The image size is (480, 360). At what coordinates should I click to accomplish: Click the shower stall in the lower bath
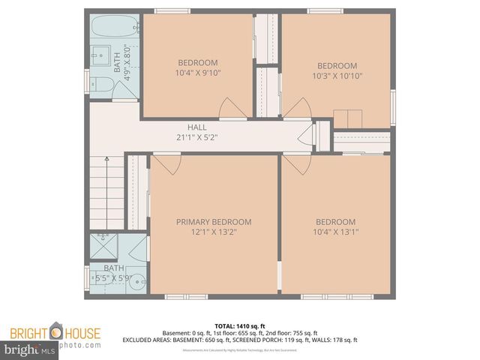[101, 245]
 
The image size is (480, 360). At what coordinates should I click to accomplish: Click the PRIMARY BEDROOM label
[214, 222]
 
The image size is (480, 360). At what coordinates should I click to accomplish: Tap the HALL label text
[197, 127]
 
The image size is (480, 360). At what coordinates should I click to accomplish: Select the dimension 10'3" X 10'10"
[337, 76]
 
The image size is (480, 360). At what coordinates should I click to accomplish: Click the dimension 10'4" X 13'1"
[335, 232]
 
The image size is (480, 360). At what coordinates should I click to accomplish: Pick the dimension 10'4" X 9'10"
[198, 73]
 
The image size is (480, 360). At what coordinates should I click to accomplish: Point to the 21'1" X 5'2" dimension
[197, 138]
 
